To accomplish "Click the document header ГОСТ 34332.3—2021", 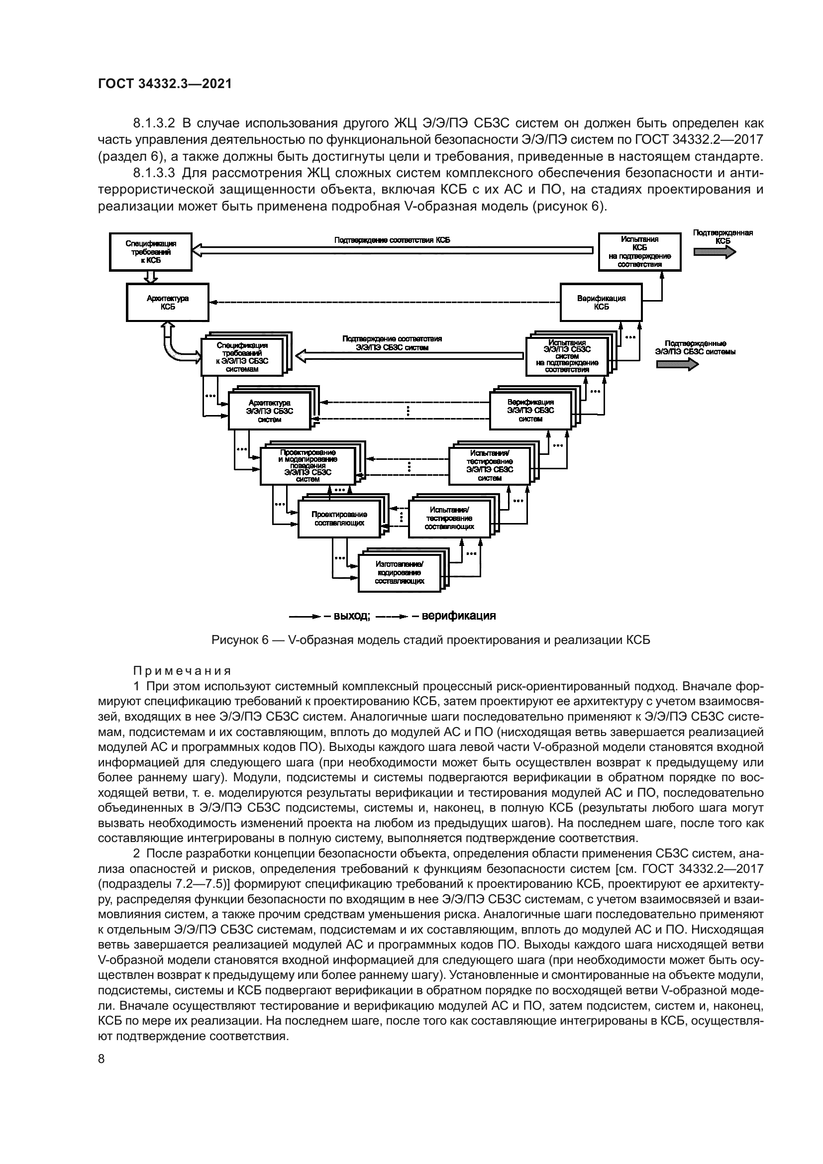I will (x=165, y=84).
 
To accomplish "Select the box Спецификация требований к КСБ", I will (x=150, y=252).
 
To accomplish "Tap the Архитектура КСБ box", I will (x=167, y=302).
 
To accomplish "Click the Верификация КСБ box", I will (x=601, y=302).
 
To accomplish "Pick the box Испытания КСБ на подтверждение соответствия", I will (x=639, y=251).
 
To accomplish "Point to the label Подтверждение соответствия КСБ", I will (x=392, y=240).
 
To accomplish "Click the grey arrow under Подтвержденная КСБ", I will (x=715, y=251).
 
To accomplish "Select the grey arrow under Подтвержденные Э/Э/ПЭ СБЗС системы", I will (x=677, y=364).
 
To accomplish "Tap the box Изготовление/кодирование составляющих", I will (x=400, y=573).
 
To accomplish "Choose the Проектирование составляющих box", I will (x=339, y=518).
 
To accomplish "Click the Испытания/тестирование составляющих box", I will (x=449, y=518).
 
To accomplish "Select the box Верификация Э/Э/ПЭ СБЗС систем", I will (x=530, y=410).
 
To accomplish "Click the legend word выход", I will (x=351, y=616).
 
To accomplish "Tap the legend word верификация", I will (x=458, y=616).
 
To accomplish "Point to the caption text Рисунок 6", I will (x=239, y=640).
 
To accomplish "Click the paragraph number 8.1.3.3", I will (x=154, y=173).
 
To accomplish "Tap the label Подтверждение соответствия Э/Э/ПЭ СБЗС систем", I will (x=392, y=343).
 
